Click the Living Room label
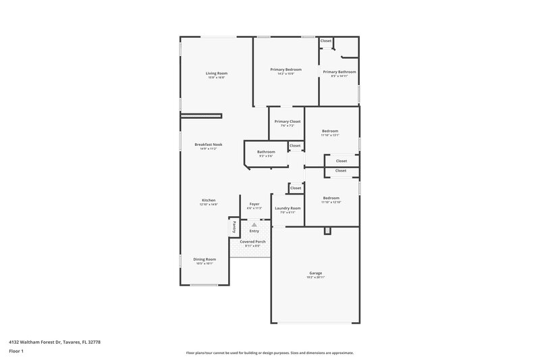[x=217, y=73]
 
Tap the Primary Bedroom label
[x=286, y=70]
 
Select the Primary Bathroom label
[x=339, y=72]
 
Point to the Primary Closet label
[x=288, y=121]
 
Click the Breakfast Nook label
[x=209, y=145]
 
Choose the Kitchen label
[x=209, y=201]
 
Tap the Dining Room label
[x=205, y=259]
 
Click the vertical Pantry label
[x=234, y=228]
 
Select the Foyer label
[x=254, y=204]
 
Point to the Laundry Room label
[x=288, y=208]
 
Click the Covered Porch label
[x=252, y=241]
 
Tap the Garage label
[x=315, y=273]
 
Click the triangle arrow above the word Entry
[x=254, y=225]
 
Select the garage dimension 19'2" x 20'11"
[x=315, y=277]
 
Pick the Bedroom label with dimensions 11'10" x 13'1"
[x=330, y=131]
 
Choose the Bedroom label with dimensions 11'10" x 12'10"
[x=331, y=198]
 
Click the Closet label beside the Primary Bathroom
[x=326, y=41]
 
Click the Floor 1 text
[x=16, y=351]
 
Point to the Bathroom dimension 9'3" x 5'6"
[x=266, y=156]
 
